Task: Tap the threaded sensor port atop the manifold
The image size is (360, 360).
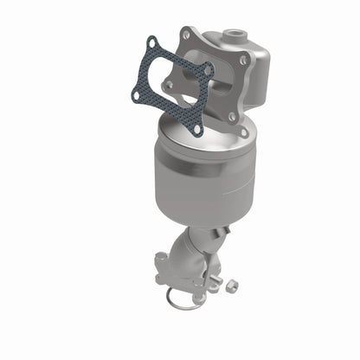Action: (x=233, y=37)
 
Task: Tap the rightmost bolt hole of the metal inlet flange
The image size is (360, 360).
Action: (x=244, y=61)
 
